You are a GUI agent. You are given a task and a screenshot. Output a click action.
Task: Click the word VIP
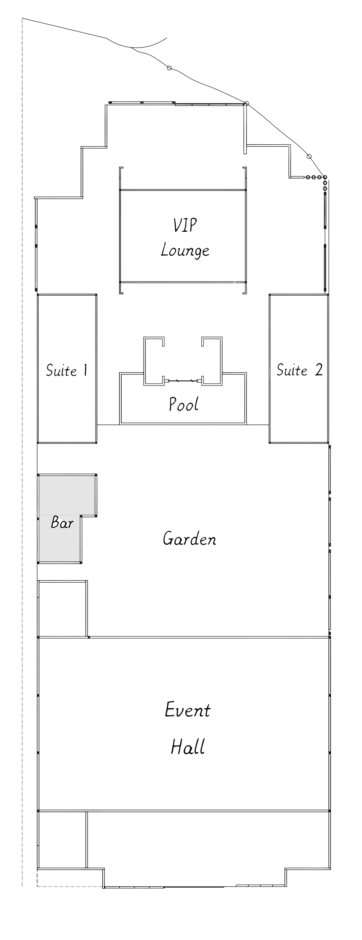185,225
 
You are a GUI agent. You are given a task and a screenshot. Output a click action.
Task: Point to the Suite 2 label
299,370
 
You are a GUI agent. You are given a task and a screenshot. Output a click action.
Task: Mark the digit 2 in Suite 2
318,370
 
